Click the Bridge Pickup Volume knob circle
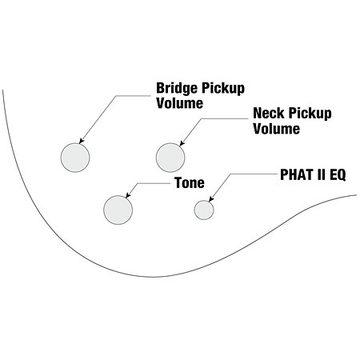(x=75, y=158)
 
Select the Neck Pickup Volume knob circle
(x=170, y=158)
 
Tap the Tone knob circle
(x=118, y=210)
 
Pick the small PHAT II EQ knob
(x=204, y=210)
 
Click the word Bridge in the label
(x=177, y=88)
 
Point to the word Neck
(x=269, y=113)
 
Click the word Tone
(x=190, y=183)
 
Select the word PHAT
(x=296, y=175)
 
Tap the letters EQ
(x=338, y=175)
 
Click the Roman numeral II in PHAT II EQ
(x=321, y=175)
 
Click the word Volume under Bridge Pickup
(x=180, y=103)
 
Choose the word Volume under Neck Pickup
(x=277, y=129)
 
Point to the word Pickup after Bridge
(x=223, y=89)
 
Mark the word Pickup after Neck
(x=310, y=114)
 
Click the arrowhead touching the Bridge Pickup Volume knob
(x=82, y=142)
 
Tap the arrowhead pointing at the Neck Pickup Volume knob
(x=182, y=143)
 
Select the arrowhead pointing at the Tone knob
(x=128, y=196)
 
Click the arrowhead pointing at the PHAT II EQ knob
(x=211, y=199)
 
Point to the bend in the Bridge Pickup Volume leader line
(x=116, y=96)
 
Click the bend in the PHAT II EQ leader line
(x=230, y=174)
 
